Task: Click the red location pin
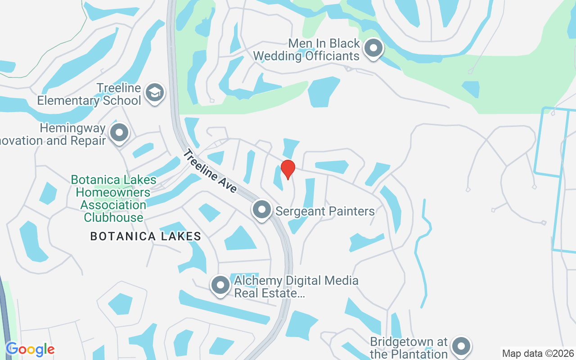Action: (288, 169)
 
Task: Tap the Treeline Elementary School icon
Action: (155, 93)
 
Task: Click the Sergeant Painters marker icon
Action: (261, 210)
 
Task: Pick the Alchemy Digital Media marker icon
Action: (220, 285)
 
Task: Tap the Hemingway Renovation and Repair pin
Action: (119, 133)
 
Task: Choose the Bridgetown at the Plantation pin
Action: (461, 346)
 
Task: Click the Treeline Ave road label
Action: (209, 171)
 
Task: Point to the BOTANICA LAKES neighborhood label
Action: (145, 236)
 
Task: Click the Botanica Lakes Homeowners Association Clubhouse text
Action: (113, 199)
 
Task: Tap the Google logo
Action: (30, 349)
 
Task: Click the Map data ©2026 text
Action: (538, 353)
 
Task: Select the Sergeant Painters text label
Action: (325, 211)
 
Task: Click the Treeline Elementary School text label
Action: (89, 94)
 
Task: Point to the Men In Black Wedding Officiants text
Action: (306, 49)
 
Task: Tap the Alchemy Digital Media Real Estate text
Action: (296, 287)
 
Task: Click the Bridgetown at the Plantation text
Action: (409, 348)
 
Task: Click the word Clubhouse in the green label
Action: (113, 218)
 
